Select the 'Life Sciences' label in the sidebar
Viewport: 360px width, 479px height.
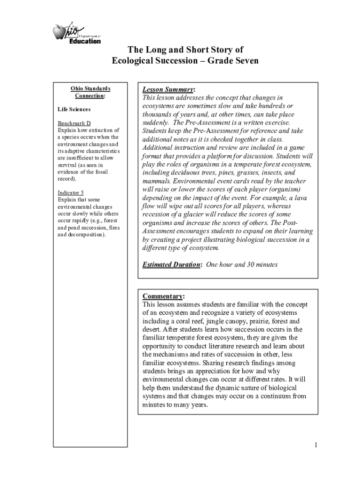[x=74, y=109]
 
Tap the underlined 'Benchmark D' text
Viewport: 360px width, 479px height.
[x=74, y=123]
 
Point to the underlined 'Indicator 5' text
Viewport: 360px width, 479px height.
[x=71, y=193]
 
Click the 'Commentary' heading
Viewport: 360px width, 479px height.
[x=162, y=297]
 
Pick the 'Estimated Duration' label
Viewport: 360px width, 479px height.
[x=171, y=264]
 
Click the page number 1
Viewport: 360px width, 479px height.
[x=316, y=444]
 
